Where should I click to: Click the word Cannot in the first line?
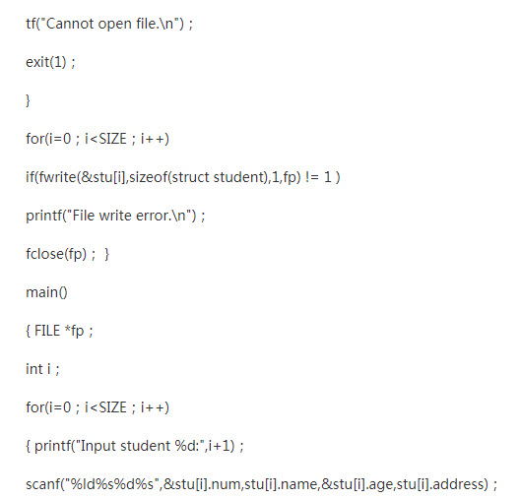point(70,24)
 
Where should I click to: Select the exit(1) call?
point(46,62)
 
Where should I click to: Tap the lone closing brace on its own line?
point(28,100)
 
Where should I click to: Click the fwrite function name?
point(57,177)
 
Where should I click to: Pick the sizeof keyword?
point(149,177)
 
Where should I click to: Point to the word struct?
point(190,177)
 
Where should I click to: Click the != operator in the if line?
point(312,177)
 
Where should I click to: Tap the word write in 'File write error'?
point(115,216)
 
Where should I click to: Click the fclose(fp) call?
point(56,254)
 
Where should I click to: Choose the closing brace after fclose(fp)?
point(106,254)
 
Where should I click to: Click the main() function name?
point(46,292)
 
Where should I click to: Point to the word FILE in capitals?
point(47,331)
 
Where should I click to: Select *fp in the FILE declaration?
point(74,331)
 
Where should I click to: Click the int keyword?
point(34,369)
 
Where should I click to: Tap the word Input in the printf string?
point(98,447)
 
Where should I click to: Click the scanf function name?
point(43,484)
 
